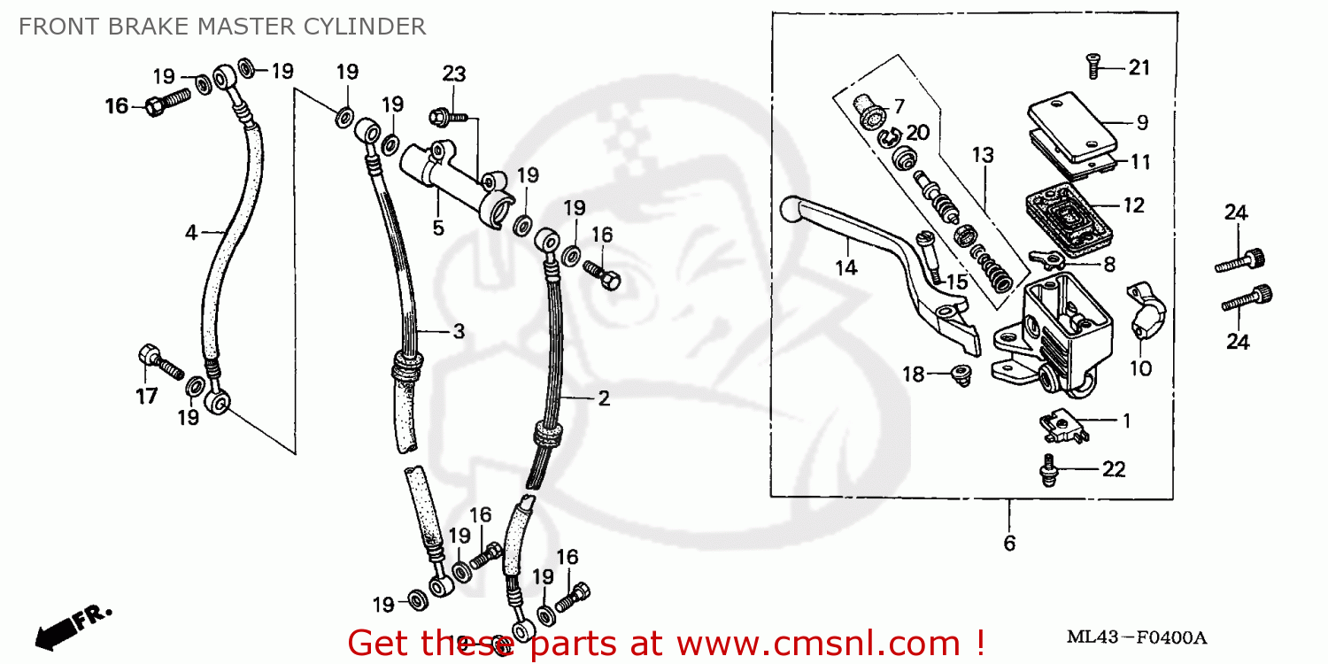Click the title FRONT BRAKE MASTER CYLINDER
click(221, 27)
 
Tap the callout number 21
click(1139, 68)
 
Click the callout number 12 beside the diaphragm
click(1134, 206)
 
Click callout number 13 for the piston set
click(983, 156)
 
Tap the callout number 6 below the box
click(1009, 543)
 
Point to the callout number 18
click(913, 375)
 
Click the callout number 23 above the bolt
click(453, 74)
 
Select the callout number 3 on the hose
click(459, 331)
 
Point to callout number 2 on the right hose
click(603, 398)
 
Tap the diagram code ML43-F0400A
click(1137, 637)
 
